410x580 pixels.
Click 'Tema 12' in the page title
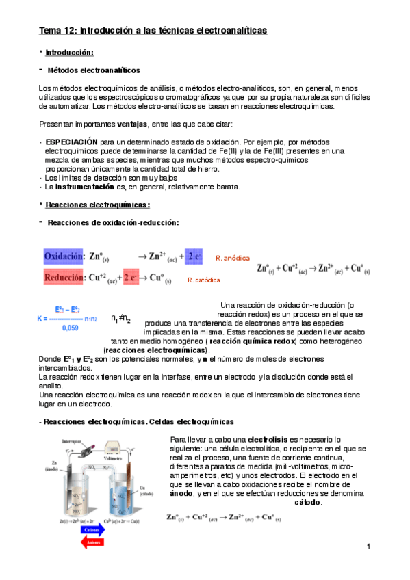[57, 30]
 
